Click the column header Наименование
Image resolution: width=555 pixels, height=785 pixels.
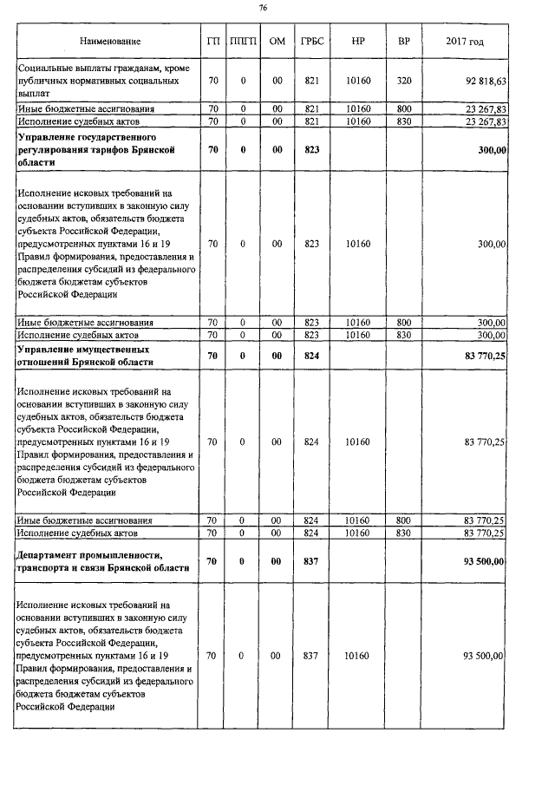(109, 42)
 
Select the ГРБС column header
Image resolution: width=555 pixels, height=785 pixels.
(312, 42)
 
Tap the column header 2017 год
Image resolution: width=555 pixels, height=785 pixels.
(464, 42)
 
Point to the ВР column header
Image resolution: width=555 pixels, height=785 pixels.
(403, 42)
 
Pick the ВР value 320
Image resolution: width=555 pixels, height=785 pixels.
(403, 81)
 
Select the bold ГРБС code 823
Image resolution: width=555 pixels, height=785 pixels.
(312, 150)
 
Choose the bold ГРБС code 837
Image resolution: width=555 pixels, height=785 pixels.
(312, 561)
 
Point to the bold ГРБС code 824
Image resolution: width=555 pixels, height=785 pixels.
(312, 356)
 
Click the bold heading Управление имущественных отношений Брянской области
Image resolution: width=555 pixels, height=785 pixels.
(88, 356)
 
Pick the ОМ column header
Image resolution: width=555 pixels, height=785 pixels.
(277, 42)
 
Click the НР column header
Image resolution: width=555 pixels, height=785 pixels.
(358, 42)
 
